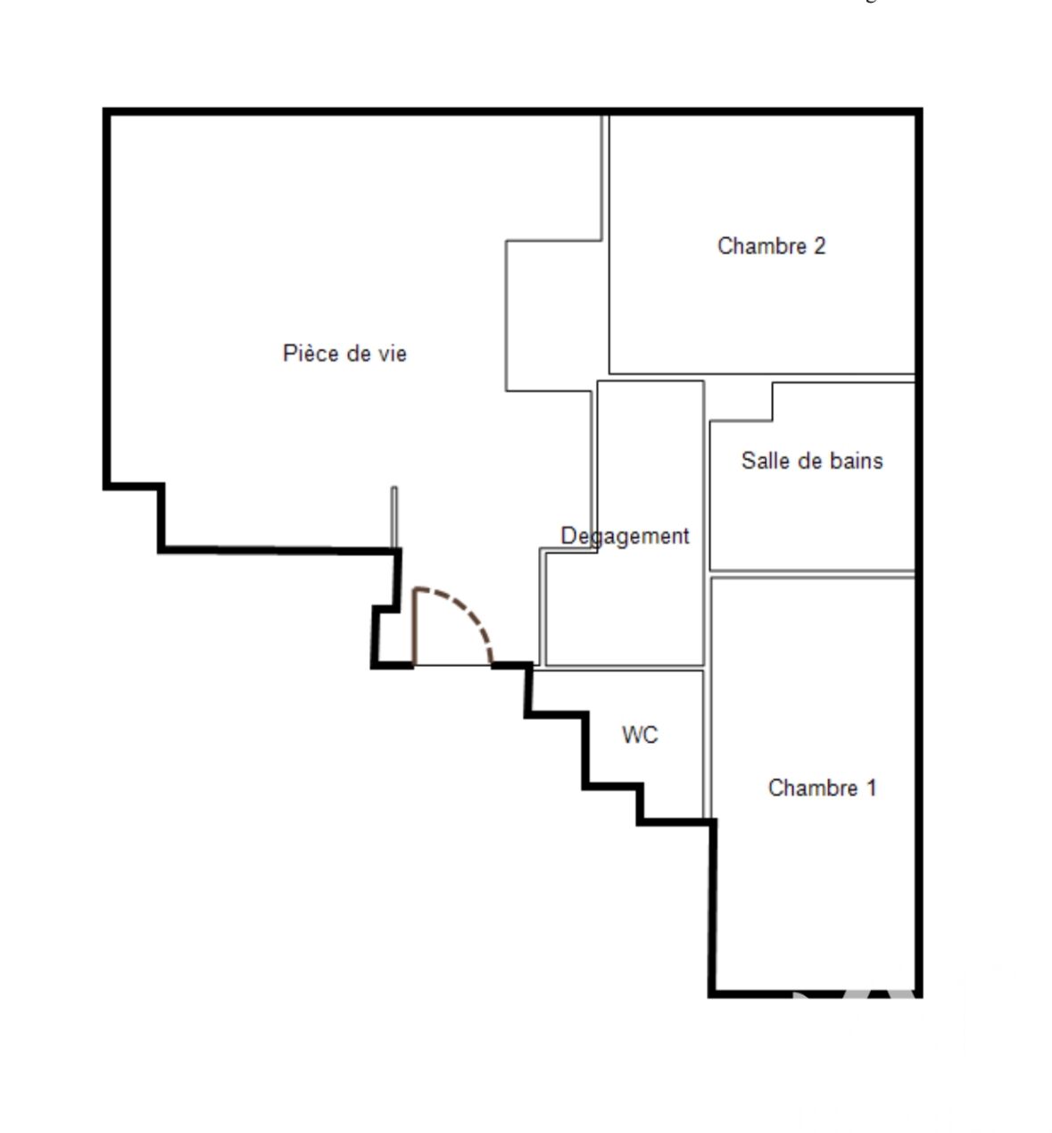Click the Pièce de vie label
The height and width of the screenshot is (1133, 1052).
click(344, 354)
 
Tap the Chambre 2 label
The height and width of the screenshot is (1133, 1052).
click(771, 246)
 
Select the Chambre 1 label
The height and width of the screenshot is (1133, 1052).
click(822, 787)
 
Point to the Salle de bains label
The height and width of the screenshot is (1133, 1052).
click(812, 461)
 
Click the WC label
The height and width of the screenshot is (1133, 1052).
click(640, 735)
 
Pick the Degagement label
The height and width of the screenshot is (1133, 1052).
click(625, 537)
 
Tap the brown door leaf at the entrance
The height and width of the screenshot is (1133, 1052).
click(415, 627)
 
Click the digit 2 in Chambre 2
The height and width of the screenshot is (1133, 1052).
click(819, 246)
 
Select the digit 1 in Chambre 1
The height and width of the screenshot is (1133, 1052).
click(871, 787)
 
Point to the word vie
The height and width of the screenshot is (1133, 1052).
click(393, 354)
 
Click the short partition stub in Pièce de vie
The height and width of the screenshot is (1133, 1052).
click(394, 517)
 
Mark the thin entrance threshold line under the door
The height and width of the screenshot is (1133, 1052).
click(452, 665)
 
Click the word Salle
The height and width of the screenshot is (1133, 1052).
click(762, 461)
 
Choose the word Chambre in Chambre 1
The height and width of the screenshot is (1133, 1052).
click(813, 787)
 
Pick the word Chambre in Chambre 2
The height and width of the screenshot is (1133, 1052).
click(762, 246)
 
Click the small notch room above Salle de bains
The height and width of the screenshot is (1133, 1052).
click(740, 400)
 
